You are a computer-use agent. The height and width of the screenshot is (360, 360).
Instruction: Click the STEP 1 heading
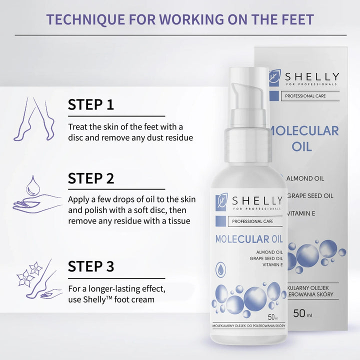click(91, 104)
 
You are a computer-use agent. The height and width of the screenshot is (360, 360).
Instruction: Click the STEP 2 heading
click(91, 178)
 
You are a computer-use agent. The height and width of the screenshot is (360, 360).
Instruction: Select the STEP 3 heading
click(91, 266)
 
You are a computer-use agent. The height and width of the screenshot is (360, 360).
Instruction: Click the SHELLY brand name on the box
click(312, 76)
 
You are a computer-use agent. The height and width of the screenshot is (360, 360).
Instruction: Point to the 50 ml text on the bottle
click(273, 317)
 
